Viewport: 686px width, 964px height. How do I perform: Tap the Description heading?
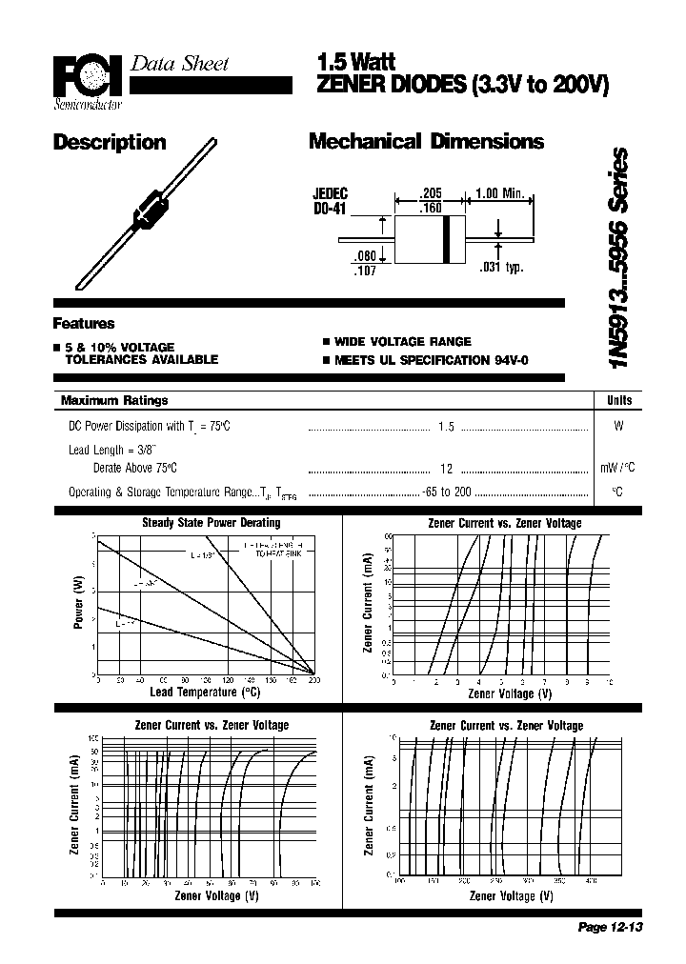pyautogui.click(x=110, y=143)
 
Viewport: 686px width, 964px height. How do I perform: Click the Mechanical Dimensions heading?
pyautogui.click(x=426, y=142)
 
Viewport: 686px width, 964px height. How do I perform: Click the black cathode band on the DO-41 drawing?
pyautogui.click(x=445, y=239)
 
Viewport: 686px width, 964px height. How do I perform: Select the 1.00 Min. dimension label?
pyautogui.click(x=500, y=193)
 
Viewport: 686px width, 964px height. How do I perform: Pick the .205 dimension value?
pyautogui.click(x=432, y=192)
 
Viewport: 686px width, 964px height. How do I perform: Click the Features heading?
pyautogui.click(x=84, y=323)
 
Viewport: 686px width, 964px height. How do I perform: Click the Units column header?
pyautogui.click(x=618, y=400)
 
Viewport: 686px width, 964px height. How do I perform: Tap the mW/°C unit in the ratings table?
pyautogui.click(x=617, y=468)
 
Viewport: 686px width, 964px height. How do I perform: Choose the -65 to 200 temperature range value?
pyautogui.click(x=447, y=492)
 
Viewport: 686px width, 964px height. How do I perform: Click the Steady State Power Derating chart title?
pyautogui.click(x=211, y=522)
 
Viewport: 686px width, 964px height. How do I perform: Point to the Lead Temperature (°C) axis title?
pyautogui.click(x=204, y=692)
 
